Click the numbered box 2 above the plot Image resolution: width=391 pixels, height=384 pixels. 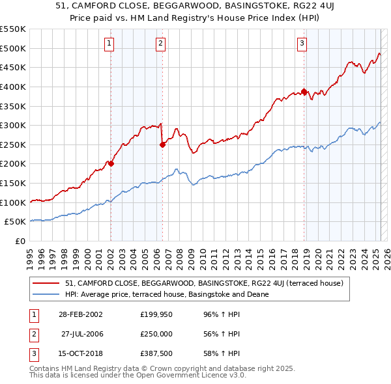click(160, 44)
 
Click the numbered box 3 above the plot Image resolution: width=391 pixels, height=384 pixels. click(302, 44)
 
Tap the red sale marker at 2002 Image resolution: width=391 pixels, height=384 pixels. click(111, 164)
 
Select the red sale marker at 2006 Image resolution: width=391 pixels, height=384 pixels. click(162, 144)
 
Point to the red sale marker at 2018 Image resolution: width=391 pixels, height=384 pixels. click(304, 91)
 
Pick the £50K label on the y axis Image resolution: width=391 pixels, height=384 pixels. click(16, 222)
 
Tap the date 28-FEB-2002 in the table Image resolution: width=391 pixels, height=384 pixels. click(80, 314)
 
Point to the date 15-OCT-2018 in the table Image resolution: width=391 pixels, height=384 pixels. click(80, 353)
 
